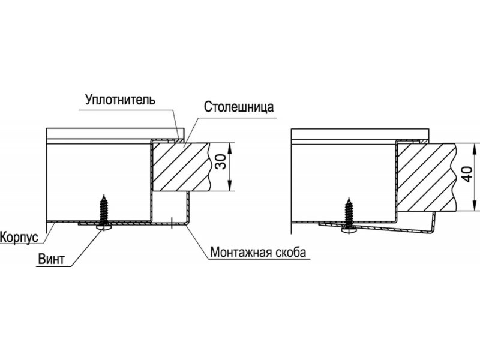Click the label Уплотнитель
click(x=120, y=100)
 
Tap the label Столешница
click(x=239, y=107)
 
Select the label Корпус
click(x=19, y=238)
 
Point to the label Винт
click(x=52, y=259)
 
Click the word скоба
click(x=291, y=252)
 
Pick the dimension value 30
click(x=221, y=161)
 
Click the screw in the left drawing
click(x=104, y=212)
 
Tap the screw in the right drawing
click(x=349, y=215)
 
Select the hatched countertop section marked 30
click(x=181, y=167)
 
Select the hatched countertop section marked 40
click(x=427, y=178)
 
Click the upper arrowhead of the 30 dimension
click(x=230, y=148)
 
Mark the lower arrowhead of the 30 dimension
click(x=230, y=186)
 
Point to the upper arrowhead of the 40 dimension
click(x=474, y=148)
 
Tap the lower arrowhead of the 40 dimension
click(x=474, y=206)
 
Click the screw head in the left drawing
click(x=104, y=228)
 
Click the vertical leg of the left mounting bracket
click(x=187, y=208)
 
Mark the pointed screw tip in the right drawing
click(x=349, y=197)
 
